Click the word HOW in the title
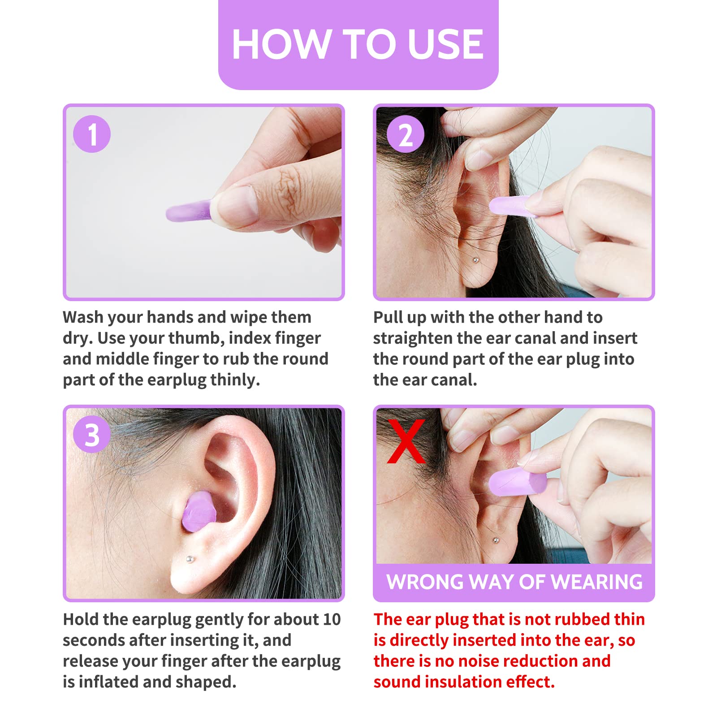281,44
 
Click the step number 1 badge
92,134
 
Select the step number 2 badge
405,134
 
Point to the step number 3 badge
92,434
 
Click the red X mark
406,441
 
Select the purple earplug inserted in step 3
199,512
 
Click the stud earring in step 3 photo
190,559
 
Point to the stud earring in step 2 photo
476,260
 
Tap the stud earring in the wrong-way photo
495,540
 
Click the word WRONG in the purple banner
425,582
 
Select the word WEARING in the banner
596,582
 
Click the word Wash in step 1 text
83,317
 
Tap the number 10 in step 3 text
332,619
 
